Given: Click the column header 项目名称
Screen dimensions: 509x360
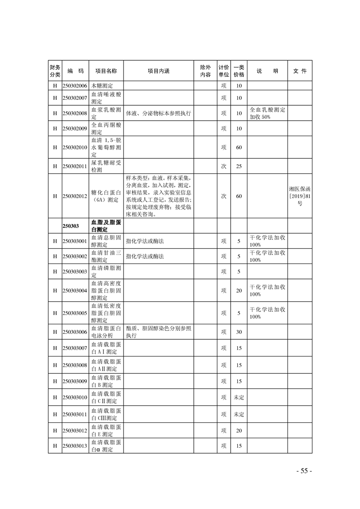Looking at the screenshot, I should (x=106, y=71).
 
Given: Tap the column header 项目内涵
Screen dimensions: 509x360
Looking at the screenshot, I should (x=158, y=71).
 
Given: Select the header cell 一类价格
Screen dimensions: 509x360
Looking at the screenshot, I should (x=239, y=71).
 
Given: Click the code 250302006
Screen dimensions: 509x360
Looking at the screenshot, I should (x=75, y=86).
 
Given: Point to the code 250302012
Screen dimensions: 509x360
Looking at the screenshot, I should (x=75, y=196).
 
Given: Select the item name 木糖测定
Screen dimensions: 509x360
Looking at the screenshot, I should (x=102, y=86).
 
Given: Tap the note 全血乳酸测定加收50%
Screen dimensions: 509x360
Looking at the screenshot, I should (x=267, y=113).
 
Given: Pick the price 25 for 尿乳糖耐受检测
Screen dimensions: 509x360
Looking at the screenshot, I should (x=239, y=166).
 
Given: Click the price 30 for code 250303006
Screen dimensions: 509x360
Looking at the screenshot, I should (x=239, y=332).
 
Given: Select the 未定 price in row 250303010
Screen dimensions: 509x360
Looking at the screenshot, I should (x=239, y=397).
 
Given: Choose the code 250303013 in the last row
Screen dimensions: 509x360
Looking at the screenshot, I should (x=75, y=446).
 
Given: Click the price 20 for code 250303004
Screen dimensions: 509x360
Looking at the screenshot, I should (x=239, y=290).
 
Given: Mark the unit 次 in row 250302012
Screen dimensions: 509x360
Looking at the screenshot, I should (x=223, y=196).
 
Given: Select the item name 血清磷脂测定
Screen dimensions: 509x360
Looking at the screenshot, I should (x=106, y=271).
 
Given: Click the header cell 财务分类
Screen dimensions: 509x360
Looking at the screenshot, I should (x=54, y=71).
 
